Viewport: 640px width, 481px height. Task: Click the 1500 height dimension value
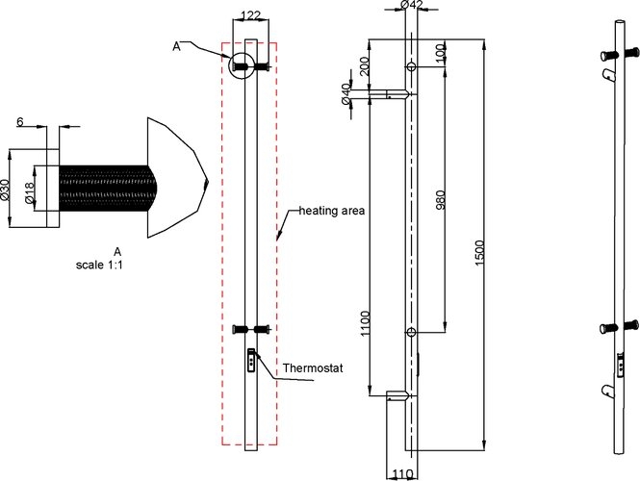click(479, 253)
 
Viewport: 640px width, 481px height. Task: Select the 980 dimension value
click(441, 199)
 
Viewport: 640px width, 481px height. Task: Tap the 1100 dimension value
click(366, 324)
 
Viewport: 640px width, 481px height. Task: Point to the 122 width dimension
click(250, 15)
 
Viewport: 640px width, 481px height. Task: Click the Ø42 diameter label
click(412, 5)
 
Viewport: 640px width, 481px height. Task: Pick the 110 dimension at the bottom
click(402, 473)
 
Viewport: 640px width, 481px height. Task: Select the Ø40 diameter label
click(346, 94)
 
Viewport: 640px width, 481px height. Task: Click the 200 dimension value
click(365, 65)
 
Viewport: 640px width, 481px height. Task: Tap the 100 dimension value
click(441, 52)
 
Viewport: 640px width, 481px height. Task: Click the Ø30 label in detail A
click(5, 190)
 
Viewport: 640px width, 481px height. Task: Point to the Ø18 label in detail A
click(29, 192)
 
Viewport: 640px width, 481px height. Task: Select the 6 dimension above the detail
click(20, 121)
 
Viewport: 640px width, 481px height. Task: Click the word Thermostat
click(313, 368)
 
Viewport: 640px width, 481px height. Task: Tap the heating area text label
click(332, 211)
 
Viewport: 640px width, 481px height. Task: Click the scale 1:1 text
click(99, 265)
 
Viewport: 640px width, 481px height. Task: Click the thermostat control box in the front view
click(251, 360)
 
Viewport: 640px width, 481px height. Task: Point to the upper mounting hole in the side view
click(412, 66)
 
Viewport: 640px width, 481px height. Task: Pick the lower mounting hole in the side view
click(412, 333)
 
